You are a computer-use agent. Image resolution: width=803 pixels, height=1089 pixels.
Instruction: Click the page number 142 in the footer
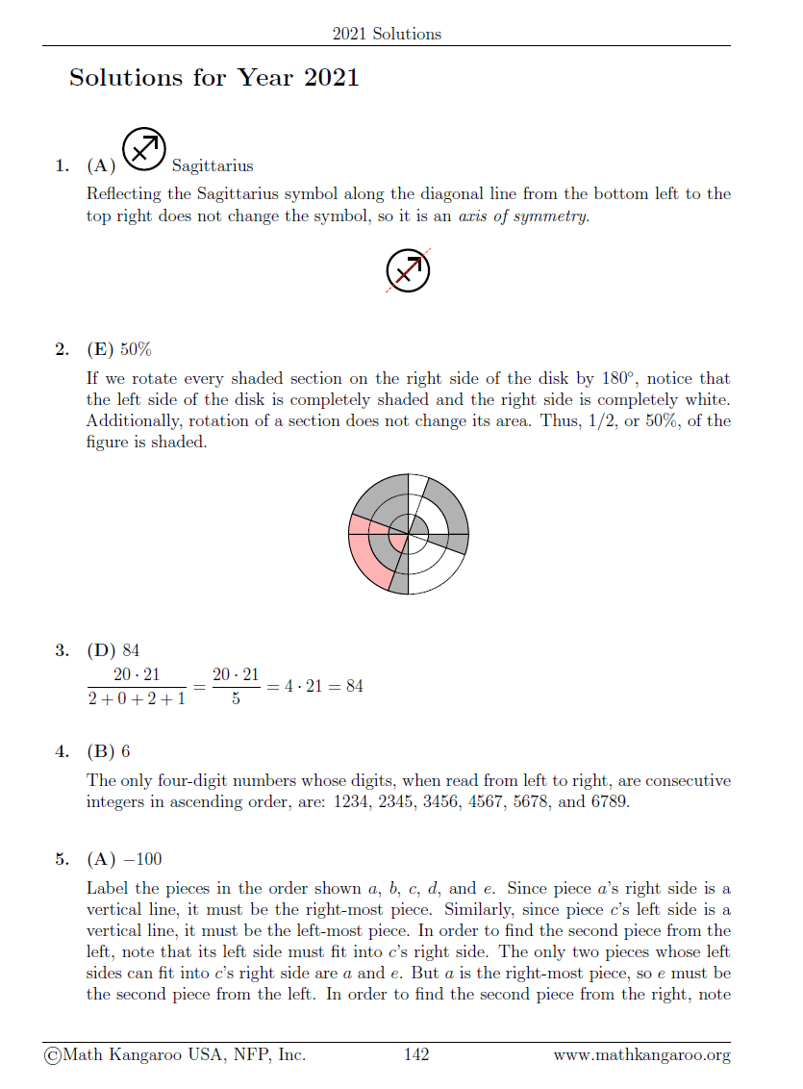click(x=415, y=1055)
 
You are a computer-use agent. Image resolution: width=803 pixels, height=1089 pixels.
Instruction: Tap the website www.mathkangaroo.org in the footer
click(x=641, y=1055)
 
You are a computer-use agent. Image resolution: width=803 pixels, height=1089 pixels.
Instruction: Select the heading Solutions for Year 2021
click(x=213, y=78)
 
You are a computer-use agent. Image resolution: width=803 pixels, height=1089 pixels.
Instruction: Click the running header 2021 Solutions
click(x=387, y=34)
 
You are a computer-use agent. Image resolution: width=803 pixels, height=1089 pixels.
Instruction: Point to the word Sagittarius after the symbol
click(x=213, y=166)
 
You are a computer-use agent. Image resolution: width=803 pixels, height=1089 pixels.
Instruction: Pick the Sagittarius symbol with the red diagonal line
click(x=408, y=270)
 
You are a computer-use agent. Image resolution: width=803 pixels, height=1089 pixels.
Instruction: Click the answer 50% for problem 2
click(x=136, y=348)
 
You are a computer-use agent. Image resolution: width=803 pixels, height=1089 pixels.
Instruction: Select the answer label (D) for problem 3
click(x=101, y=651)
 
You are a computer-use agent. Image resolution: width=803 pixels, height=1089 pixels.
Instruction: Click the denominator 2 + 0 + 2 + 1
click(x=136, y=697)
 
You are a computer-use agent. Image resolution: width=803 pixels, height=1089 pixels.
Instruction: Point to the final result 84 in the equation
click(x=353, y=686)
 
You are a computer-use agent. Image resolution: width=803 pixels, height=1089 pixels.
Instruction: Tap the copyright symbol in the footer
click(x=51, y=1055)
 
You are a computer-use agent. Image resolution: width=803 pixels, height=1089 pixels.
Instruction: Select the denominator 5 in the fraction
click(x=236, y=698)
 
